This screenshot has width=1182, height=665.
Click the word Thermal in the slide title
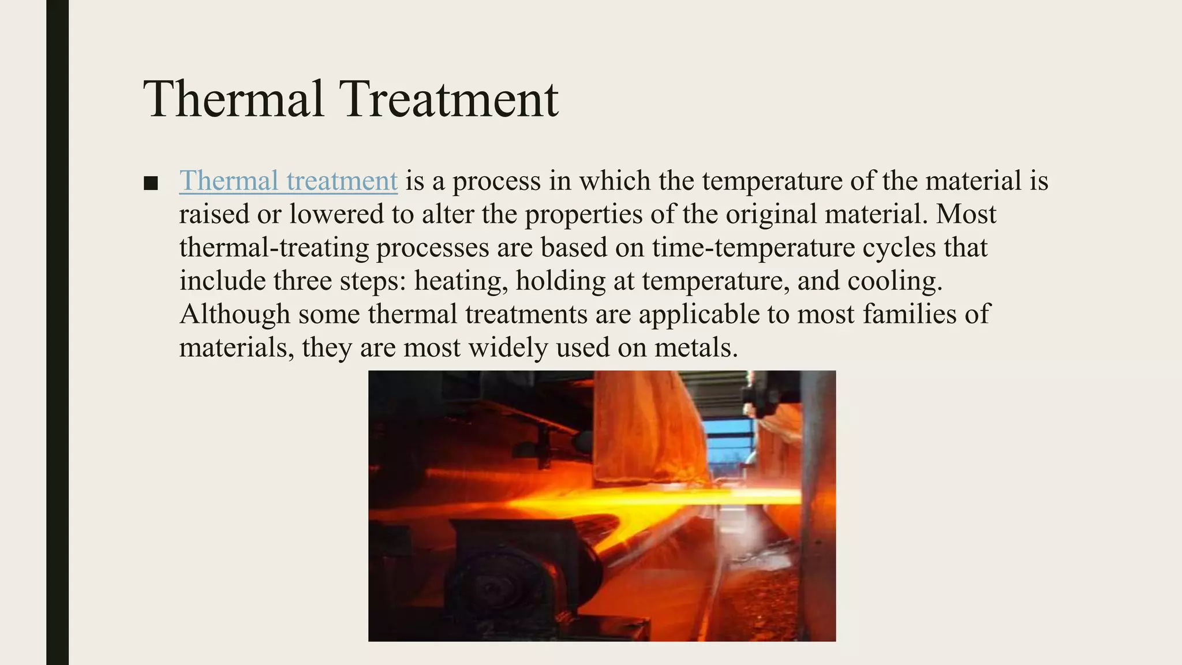tap(233, 99)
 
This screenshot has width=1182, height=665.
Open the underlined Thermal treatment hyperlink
tap(288, 181)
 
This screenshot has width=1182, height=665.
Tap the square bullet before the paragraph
tap(151, 184)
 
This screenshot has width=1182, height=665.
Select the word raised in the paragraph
tap(214, 214)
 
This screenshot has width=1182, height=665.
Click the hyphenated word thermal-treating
tap(274, 248)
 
